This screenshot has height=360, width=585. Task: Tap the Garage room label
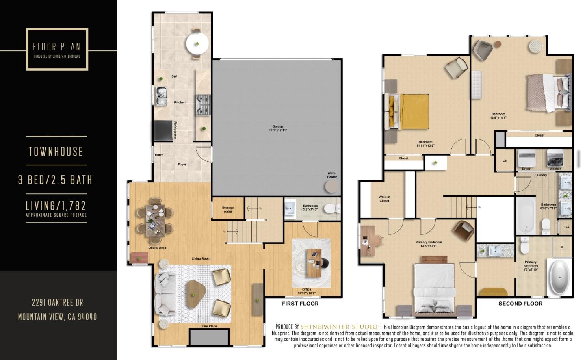pyautogui.click(x=278, y=128)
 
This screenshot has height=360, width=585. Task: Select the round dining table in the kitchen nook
pyautogui.click(x=197, y=43)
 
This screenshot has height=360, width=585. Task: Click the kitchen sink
pyautogui.click(x=161, y=96)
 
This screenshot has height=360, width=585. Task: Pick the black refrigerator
pyautogui.click(x=162, y=130)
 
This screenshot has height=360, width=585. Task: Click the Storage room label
pyautogui.click(x=228, y=210)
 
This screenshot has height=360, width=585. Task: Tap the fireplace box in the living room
pyautogui.click(x=209, y=338)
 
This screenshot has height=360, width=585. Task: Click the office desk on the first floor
pyautogui.click(x=313, y=263)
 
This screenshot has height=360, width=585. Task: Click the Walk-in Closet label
pyautogui.click(x=384, y=199)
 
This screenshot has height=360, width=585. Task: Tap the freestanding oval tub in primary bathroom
pyautogui.click(x=559, y=278)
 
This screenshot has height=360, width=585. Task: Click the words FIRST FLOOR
pyautogui.click(x=300, y=304)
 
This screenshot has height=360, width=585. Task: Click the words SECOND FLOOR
pyautogui.click(x=520, y=304)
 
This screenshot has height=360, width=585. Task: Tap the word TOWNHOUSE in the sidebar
pyautogui.click(x=56, y=152)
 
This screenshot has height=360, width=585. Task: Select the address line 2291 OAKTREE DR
pyautogui.click(x=57, y=303)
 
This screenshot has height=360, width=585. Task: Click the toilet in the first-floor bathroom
pyautogui.click(x=331, y=209)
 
